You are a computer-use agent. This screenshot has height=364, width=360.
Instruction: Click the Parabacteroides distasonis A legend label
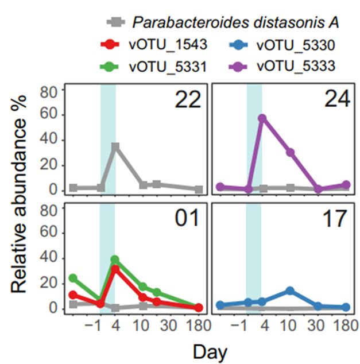coord(235,23)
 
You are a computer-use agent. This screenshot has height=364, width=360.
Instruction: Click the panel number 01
coord(187,218)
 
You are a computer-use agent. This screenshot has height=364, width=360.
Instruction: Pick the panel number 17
coord(332,218)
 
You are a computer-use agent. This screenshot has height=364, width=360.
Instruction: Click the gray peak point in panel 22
coord(115,146)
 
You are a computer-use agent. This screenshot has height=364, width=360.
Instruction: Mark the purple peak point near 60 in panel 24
coord(262,118)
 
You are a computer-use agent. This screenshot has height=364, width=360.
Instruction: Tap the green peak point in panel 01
coord(115,260)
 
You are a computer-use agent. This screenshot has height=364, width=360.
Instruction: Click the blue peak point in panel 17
coord(291,291)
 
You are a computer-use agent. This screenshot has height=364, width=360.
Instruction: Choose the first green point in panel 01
coord(73,278)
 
